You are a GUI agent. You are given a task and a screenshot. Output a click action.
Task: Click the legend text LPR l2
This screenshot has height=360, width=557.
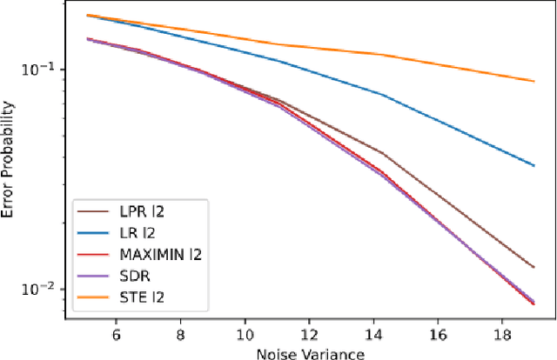tap(138, 210)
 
